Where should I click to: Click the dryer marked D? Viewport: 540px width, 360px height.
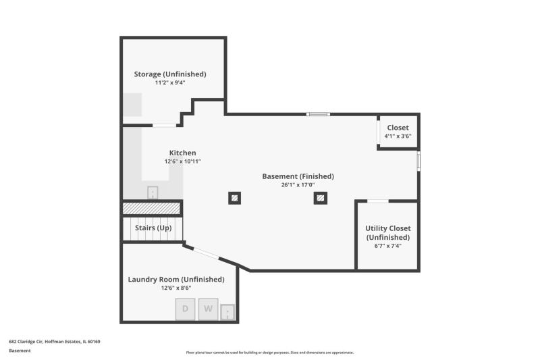click(185, 309)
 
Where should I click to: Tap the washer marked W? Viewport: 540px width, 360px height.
click(208, 309)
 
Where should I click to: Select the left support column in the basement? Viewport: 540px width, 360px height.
click(234, 198)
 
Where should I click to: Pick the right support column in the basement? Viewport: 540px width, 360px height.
click(320, 198)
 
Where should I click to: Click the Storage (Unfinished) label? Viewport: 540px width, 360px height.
click(170, 74)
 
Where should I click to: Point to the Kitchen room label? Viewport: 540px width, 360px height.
click(182, 153)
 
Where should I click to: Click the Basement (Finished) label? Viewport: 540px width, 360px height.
click(298, 176)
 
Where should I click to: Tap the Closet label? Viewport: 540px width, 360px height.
click(398, 128)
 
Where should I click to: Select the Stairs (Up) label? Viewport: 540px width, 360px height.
click(153, 228)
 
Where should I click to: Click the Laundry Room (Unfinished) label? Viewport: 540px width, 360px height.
click(176, 280)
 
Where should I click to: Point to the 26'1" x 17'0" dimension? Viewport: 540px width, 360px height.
click(298, 185)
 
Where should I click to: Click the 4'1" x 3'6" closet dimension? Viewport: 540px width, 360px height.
click(398, 136)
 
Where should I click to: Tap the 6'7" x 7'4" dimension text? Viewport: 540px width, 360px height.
click(387, 246)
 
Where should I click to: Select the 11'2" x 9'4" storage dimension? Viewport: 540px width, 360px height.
click(170, 82)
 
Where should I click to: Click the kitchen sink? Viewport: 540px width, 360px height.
click(153, 192)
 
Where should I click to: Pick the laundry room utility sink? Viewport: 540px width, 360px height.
click(227, 312)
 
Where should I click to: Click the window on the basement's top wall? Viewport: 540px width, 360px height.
click(318, 114)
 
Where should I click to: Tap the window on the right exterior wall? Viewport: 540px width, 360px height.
click(418, 161)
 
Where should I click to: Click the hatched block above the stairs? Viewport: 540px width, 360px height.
click(151, 208)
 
